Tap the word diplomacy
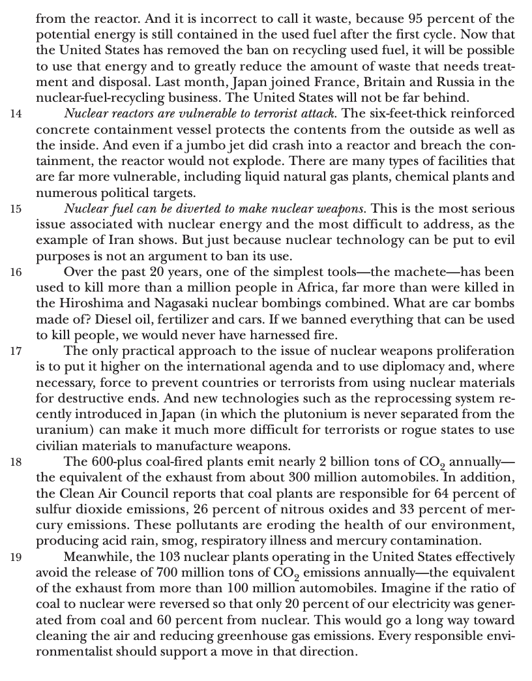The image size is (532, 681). [403, 367]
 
